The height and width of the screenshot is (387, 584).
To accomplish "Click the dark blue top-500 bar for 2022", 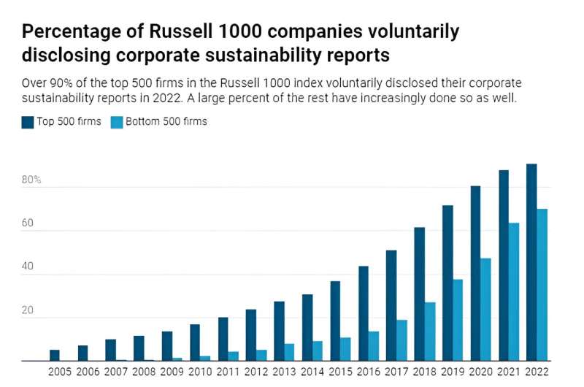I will (531, 262).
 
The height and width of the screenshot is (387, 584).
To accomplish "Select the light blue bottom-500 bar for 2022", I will (542, 285).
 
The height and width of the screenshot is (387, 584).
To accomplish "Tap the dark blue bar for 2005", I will (55, 356).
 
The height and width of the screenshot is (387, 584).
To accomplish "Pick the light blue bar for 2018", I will (430, 332).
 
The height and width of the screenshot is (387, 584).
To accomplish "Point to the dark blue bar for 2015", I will (335, 321).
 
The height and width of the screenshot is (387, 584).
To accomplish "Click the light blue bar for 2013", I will (290, 352).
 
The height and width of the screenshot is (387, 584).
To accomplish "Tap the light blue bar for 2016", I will (374, 346).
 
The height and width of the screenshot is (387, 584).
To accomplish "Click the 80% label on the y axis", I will (31, 180).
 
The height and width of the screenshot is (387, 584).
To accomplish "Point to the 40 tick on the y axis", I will (28, 267).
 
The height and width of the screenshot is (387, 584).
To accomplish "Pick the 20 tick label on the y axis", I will (28, 310).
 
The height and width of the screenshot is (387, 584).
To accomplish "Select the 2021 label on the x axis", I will (509, 372).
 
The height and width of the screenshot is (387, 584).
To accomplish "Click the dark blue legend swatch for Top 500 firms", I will (28, 122).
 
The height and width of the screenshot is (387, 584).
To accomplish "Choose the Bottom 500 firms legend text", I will (166, 122).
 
